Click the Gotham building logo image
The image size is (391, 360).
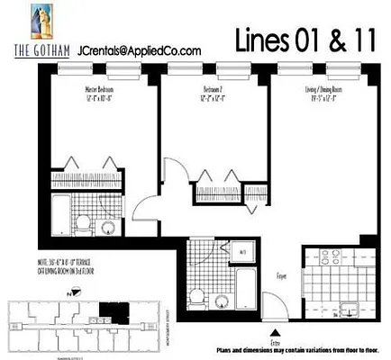click(x=41, y=22)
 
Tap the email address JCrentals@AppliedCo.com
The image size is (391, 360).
click(x=140, y=52)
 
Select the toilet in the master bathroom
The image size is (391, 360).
click(x=84, y=221)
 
